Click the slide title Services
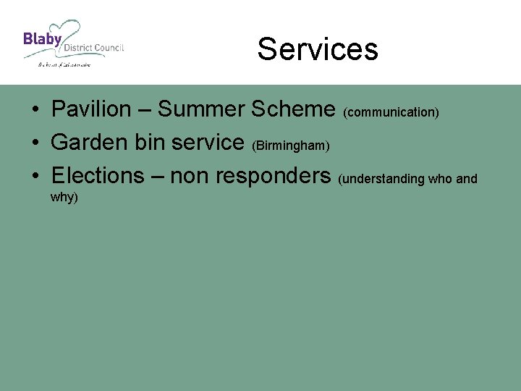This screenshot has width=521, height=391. (x=318, y=49)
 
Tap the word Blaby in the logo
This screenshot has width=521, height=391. (x=42, y=38)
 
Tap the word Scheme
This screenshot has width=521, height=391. (x=293, y=109)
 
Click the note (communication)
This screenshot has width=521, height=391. (x=391, y=113)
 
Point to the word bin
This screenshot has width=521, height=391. (x=151, y=142)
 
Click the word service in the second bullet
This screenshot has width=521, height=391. (x=209, y=142)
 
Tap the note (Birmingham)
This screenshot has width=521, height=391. (x=291, y=146)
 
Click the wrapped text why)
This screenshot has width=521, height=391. (x=64, y=197)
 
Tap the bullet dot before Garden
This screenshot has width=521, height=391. (x=35, y=143)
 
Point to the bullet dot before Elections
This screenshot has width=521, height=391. (x=35, y=177)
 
